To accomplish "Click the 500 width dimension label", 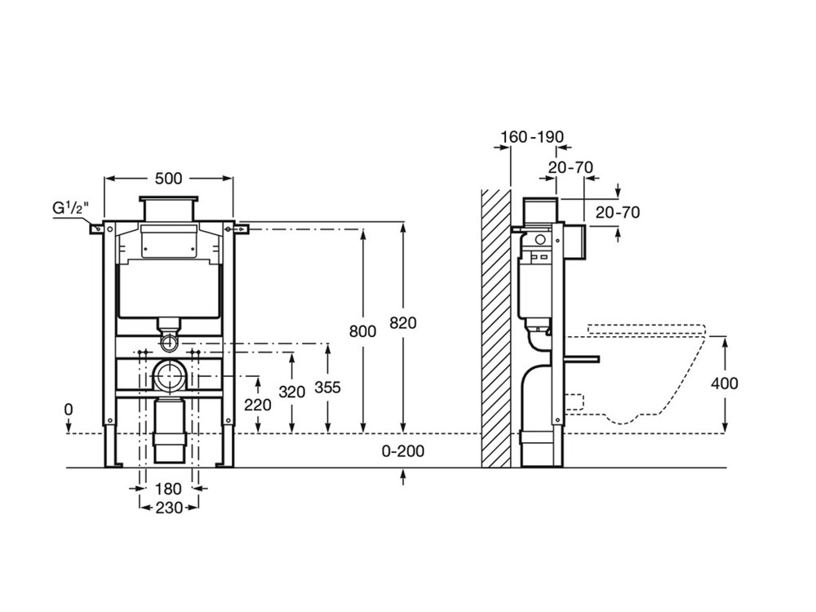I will pyautogui.click(x=169, y=179).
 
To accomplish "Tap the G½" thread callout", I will pyautogui.click(x=70, y=209).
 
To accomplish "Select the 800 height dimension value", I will pyautogui.click(x=362, y=330).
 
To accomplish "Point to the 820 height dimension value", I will pyautogui.click(x=402, y=322).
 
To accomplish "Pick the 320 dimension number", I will pyautogui.click(x=291, y=392).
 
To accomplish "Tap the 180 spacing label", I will pyautogui.click(x=169, y=490).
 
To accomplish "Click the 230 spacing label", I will pyautogui.click(x=169, y=507).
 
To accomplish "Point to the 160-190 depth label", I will pyautogui.click(x=531, y=137).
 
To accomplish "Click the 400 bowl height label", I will pyautogui.click(x=725, y=383).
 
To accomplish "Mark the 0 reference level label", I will pyautogui.click(x=69, y=409).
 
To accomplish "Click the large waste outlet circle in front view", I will pyautogui.click(x=170, y=377).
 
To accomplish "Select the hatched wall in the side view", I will pyautogui.click(x=494, y=326).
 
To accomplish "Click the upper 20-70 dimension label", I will pyautogui.click(x=570, y=167).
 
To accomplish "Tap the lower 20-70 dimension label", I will pyautogui.click(x=617, y=213).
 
